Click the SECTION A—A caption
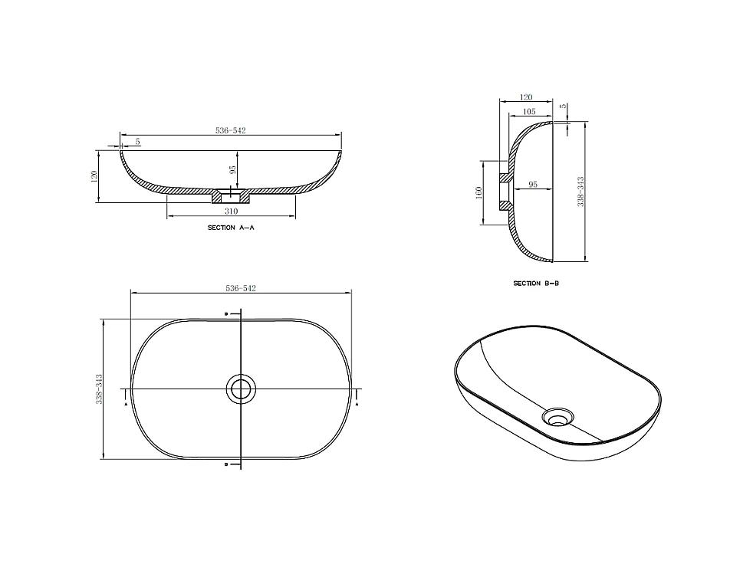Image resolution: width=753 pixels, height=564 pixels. tap(231, 228)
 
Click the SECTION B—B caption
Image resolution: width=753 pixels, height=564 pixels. tap(536, 284)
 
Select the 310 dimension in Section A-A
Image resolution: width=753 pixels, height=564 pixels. tap(231, 211)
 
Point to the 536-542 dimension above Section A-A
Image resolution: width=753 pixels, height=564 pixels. tap(231, 130)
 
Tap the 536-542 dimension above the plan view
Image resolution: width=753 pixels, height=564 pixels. tap(241, 288)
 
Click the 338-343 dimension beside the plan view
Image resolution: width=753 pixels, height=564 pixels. tap(99, 389)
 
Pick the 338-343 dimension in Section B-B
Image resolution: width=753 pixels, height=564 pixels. tap(580, 192)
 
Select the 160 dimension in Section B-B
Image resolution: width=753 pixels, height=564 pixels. tap(478, 193)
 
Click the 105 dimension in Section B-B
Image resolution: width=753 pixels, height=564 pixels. tap(529, 112)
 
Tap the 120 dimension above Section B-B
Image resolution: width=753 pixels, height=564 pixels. tap(526, 97)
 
